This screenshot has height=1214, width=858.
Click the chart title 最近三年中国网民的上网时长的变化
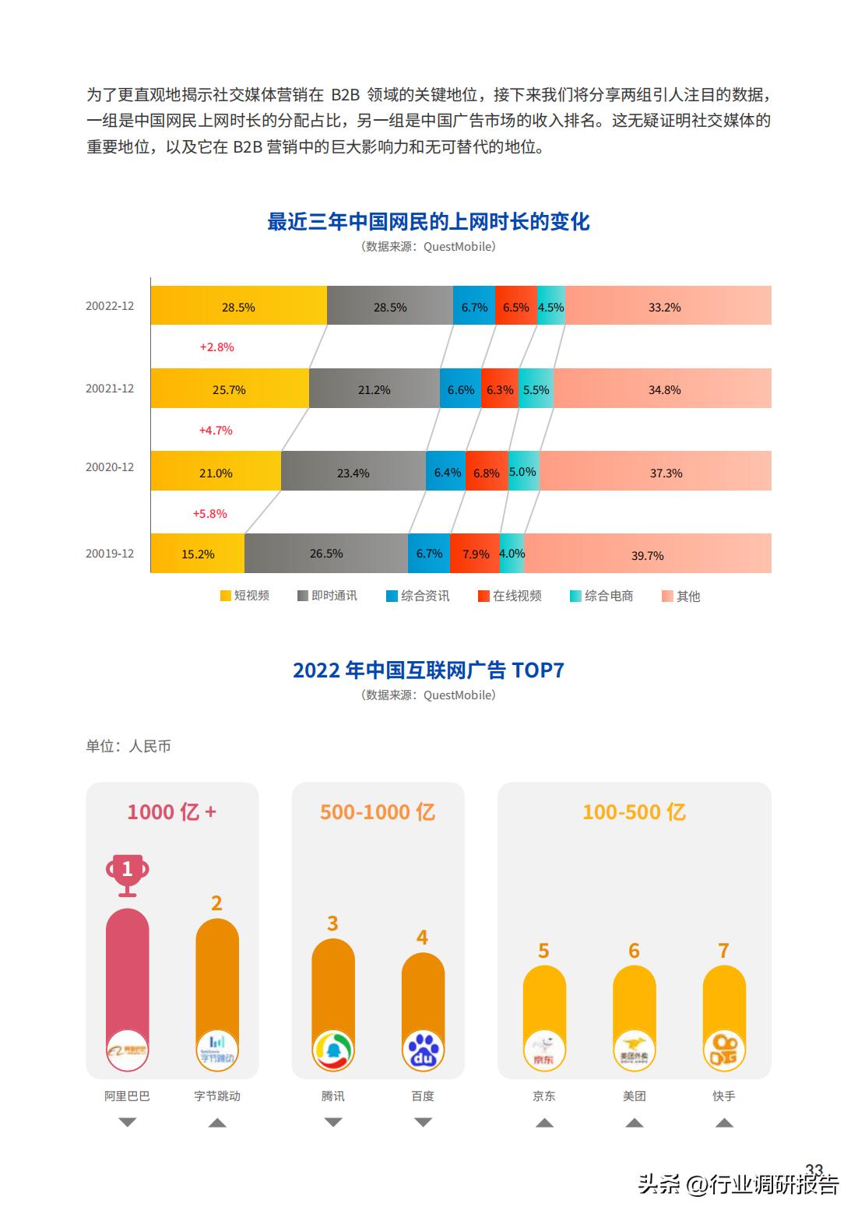coord(428,222)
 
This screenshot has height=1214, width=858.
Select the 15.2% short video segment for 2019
coord(198,554)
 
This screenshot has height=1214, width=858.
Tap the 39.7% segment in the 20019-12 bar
coord(647,554)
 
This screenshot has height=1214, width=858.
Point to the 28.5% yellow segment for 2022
coord(238,306)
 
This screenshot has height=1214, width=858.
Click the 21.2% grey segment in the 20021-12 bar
coord(374,389)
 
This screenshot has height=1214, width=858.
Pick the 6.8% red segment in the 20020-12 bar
coord(487,472)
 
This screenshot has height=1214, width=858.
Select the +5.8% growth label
coord(209,513)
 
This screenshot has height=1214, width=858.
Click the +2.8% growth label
coord(216,347)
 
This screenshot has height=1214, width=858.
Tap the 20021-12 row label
coord(110,389)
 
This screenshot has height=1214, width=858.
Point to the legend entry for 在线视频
coord(510,596)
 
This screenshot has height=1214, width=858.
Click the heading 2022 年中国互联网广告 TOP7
coord(428,670)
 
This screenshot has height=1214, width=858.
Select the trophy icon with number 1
coord(128,874)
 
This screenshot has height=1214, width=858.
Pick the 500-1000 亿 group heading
coord(378,812)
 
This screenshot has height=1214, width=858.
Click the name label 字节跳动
coord(217,1096)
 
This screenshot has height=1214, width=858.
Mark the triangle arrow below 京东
coord(544,1122)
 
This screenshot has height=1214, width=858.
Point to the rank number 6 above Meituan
coord(634,951)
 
